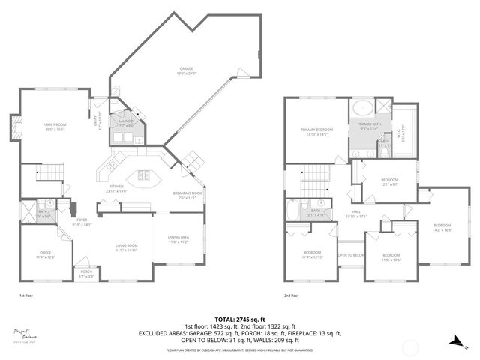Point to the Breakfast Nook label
point(186,196)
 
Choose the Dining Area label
point(178,239)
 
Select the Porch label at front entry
point(86,274)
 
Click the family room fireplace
point(14,129)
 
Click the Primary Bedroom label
point(316,132)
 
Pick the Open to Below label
point(351,255)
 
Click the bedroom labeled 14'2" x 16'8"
point(441,227)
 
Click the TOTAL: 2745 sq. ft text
point(240,318)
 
